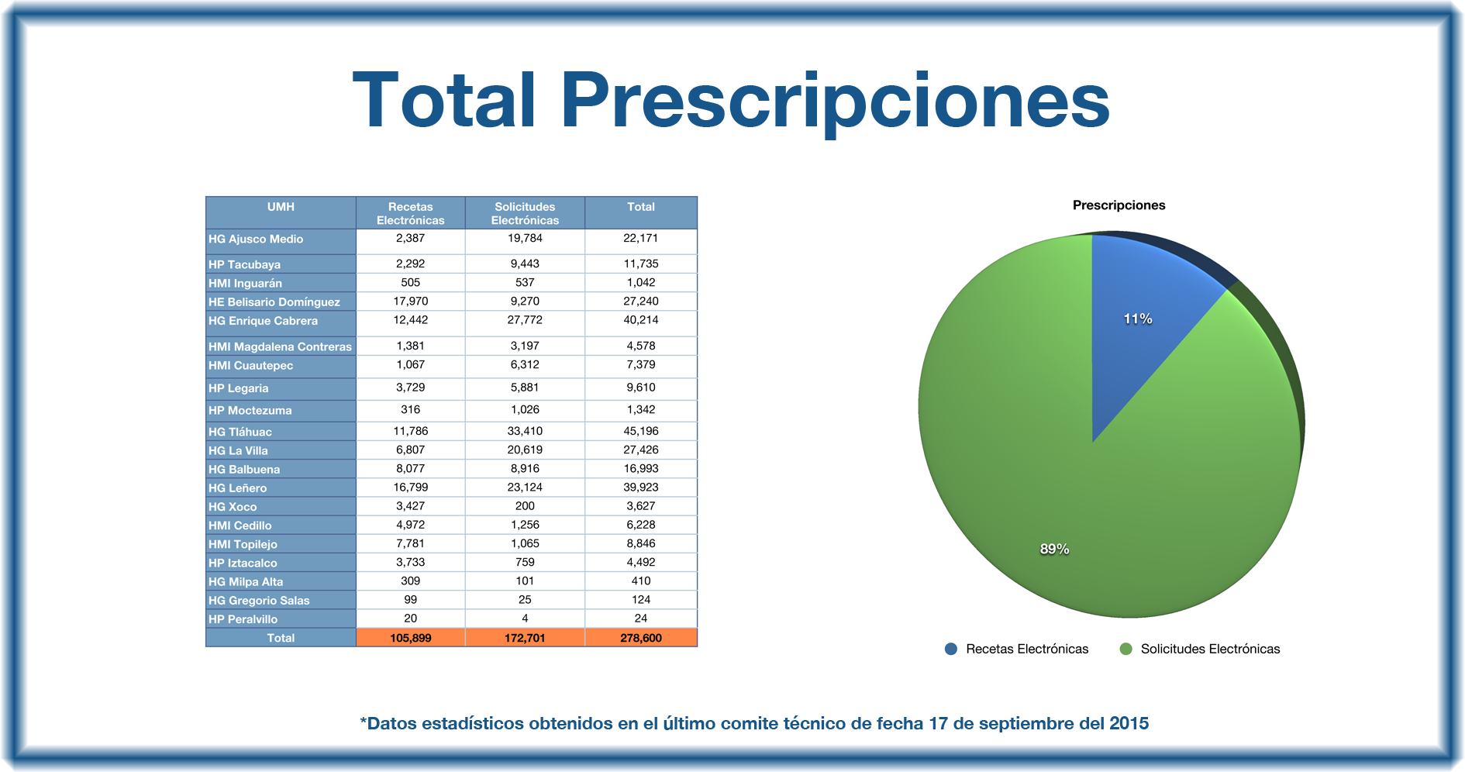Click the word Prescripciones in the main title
pyautogui.click(x=835, y=102)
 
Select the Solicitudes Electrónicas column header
pyautogui.click(x=525, y=213)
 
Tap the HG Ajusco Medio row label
pyautogui.click(x=256, y=240)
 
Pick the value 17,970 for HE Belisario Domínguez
pyautogui.click(x=410, y=302)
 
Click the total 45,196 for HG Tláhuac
pyautogui.click(x=640, y=432)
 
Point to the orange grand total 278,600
pyautogui.click(x=640, y=638)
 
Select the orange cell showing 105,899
pyautogui.click(x=410, y=638)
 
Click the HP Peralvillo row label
pyautogui.click(x=243, y=619)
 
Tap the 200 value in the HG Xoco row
pyautogui.click(x=525, y=506)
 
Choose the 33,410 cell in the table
pyautogui.click(x=525, y=432)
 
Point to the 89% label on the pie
pyautogui.click(x=1054, y=549)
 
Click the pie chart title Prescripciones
pyautogui.click(x=1119, y=205)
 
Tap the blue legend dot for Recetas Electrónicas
pyautogui.click(x=951, y=649)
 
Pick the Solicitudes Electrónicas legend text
pyautogui.click(x=1210, y=649)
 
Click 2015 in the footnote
pyautogui.click(x=1129, y=723)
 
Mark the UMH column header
pyautogui.click(x=281, y=207)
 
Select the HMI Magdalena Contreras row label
pyautogui.click(x=280, y=346)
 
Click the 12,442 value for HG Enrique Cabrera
pyautogui.click(x=410, y=320)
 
